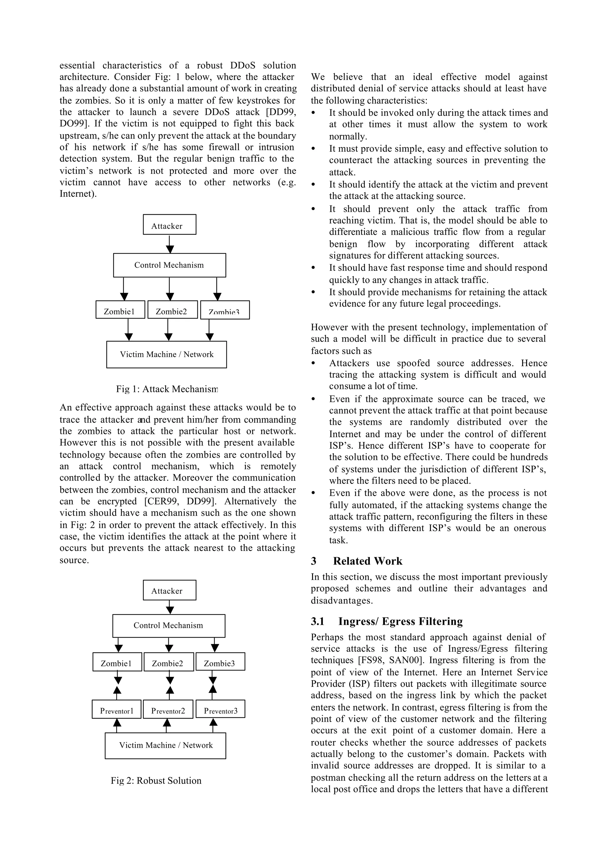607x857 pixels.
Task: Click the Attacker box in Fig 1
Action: tap(169, 225)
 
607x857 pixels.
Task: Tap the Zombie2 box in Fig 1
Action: tap(172, 310)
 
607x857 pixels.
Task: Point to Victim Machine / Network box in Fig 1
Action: tap(166, 355)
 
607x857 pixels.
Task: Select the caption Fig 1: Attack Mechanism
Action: tap(167, 389)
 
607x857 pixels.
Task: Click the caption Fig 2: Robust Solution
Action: tap(156, 780)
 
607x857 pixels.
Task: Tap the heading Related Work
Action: tap(368, 561)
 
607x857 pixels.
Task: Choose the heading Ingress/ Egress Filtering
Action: tap(400, 621)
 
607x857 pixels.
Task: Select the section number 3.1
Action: tap(317, 621)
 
